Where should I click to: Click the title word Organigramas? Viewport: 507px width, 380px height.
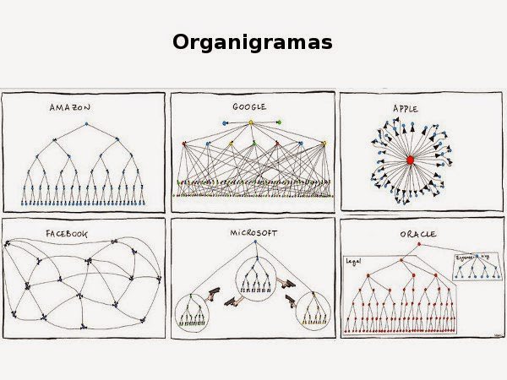coord(253,42)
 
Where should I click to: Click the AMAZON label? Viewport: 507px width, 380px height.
coord(69,108)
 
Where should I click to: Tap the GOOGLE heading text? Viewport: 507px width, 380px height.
coord(249,107)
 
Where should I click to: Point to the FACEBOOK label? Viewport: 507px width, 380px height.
coord(67,233)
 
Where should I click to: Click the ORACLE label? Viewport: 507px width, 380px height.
coord(417,233)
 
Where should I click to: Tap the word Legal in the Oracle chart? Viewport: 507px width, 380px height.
coord(354,262)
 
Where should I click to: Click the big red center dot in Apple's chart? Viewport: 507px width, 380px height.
coord(411,159)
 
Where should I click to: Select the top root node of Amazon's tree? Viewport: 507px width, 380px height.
coord(84,124)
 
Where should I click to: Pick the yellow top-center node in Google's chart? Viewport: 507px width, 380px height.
coord(251,123)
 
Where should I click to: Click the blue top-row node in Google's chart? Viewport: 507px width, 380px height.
coord(225,123)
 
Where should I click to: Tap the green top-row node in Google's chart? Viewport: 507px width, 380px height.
coord(278,123)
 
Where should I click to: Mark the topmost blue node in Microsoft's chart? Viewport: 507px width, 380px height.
coord(253,243)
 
